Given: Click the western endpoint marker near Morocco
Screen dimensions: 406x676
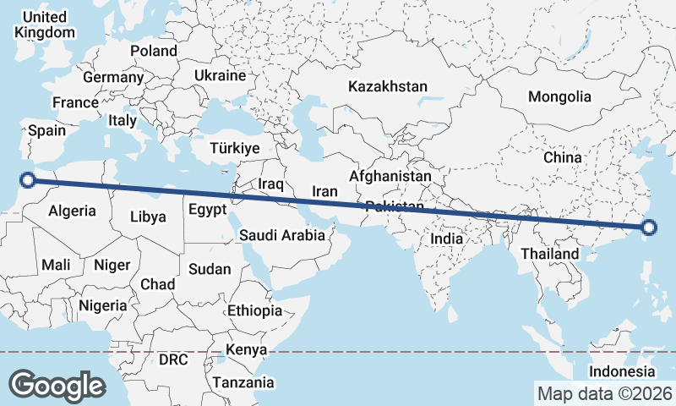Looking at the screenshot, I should tap(28, 179).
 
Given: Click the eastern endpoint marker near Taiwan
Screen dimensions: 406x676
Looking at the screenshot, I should tap(648, 227).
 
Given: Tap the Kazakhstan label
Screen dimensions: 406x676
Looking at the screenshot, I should tap(388, 86).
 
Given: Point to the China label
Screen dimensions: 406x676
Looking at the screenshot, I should tap(563, 157).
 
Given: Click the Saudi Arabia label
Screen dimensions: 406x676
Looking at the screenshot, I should tap(282, 235).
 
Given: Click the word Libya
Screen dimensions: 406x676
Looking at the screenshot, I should tap(148, 217).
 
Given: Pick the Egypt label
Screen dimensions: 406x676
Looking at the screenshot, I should tap(208, 209).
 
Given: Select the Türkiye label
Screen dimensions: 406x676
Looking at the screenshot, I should tap(235, 148).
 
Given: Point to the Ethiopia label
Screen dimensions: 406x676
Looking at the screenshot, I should tap(254, 310).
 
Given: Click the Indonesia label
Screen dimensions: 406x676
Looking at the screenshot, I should tap(622, 371).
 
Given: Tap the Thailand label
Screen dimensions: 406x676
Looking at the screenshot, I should tap(550, 254).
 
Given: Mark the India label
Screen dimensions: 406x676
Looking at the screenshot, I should tap(447, 239).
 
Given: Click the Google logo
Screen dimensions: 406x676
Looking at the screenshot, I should tap(57, 385).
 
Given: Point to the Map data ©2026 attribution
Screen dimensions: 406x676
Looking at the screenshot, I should tap(604, 393).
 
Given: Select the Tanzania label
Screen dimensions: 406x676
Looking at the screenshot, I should tap(243, 382).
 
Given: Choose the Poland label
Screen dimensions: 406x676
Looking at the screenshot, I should tap(154, 51).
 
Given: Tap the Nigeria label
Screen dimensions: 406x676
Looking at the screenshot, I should tap(102, 305).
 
